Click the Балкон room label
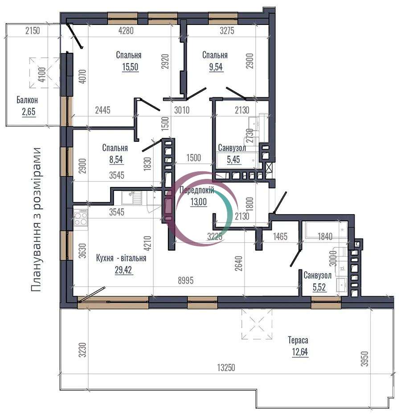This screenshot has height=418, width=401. tap(27, 100)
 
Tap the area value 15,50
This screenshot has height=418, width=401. tap(130, 66)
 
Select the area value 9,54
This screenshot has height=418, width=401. tap(216, 66)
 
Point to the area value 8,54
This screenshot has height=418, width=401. tap(116, 159)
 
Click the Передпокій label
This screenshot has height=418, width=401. tap(196, 190)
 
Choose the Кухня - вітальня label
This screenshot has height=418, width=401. tap(121, 258)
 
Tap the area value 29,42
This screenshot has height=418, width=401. tap(123, 270)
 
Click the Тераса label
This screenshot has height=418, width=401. tap(298, 340)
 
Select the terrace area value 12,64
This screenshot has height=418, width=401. tap(300, 352)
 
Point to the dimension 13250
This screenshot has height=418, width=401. tap(226, 368)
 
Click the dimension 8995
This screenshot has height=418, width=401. tap(186, 281)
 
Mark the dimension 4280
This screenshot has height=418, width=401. tap(126, 31)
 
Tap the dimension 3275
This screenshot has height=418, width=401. tap(227, 31)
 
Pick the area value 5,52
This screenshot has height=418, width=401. tap(319, 287)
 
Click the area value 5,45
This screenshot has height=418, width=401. tap(233, 159)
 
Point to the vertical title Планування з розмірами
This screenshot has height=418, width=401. tap(36, 219)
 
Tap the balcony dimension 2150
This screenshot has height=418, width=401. tap(33, 31)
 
